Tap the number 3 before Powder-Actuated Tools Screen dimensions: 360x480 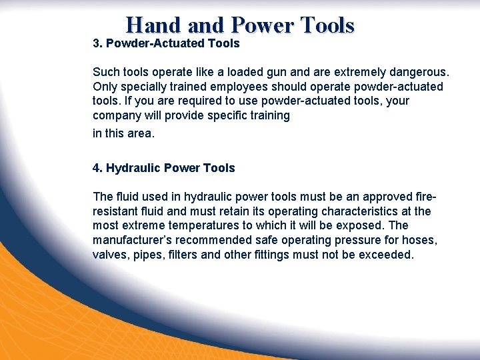click(96, 44)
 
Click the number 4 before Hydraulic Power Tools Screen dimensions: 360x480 click(96, 168)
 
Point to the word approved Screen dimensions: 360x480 click(379, 197)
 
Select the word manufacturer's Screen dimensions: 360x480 click(136, 241)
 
